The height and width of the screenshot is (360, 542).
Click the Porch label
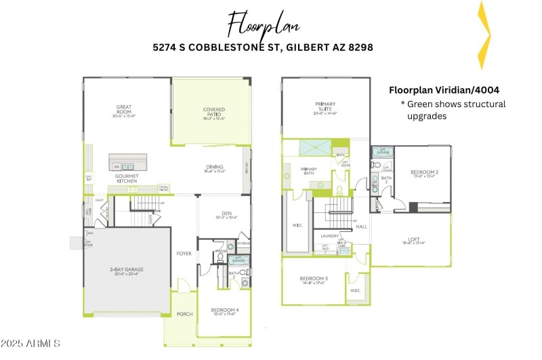point(184,314)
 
